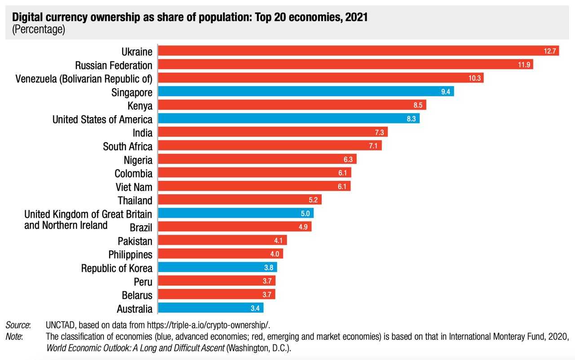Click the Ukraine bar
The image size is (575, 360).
pyautogui.click(x=350, y=51)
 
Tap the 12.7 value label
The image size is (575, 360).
pyautogui.click(x=550, y=51)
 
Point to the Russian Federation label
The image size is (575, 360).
pyautogui.click(x=114, y=66)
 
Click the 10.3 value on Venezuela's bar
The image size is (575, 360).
pyautogui.click(x=475, y=79)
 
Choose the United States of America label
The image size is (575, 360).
pyautogui.click(x=102, y=119)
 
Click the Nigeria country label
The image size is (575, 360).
pyautogui.click(x=138, y=160)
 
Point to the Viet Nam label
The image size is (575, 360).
pyautogui.click(x=133, y=187)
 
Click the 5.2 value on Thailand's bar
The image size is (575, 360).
pyautogui.click(x=314, y=200)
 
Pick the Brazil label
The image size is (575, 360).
pyautogui.click(x=141, y=228)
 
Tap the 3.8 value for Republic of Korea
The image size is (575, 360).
pyautogui.click(x=269, y=268)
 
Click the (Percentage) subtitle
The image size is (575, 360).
pyautogui.click(x=39, y=30)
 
